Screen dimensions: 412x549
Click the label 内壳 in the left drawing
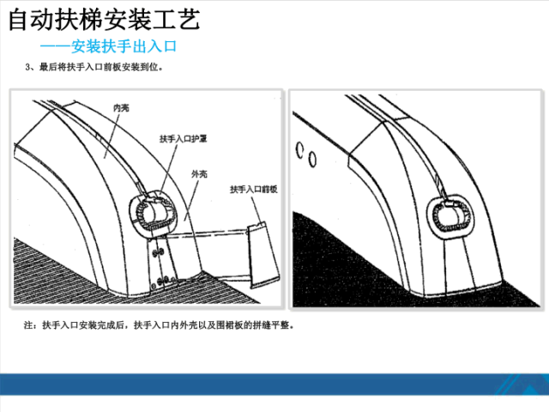point(121,109)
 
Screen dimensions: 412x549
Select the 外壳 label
point(199,173)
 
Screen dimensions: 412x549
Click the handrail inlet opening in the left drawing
point(152,210)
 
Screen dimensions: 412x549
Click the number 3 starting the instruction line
point(29,67)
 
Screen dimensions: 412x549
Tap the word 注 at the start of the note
point(30,326)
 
